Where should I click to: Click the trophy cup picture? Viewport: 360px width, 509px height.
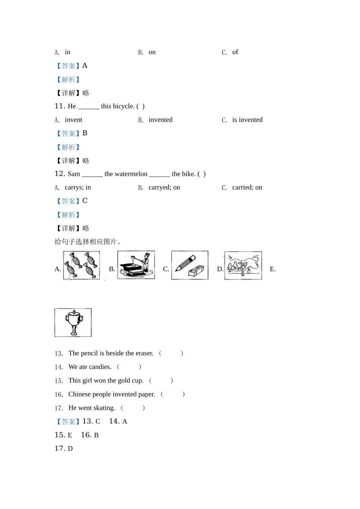click(x=73, y=322)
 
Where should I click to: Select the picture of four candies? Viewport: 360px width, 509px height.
click(x=81, y=265)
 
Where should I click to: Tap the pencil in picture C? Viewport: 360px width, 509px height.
click(x=185, y=263)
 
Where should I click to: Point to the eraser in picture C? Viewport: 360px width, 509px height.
click(x=196, y=271)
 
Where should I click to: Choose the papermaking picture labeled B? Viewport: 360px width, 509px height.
click(x=136, y=265)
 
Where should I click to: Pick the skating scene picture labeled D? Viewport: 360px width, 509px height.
click(x=243, y=265)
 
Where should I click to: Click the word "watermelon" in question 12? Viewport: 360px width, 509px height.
click(x=126, y=174)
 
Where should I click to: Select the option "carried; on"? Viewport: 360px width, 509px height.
click(x=247, y=187)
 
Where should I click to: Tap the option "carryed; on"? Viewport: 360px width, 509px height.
click(x=164, y=187)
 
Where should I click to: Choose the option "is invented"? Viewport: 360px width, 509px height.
click(x=247, y=120)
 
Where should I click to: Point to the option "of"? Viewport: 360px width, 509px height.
click(x=235, y=52)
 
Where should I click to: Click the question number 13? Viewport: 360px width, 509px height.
click(x=59, y=353)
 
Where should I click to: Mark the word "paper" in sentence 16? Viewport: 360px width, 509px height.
click(x=147, y=394)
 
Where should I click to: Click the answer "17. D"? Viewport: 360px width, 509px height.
click(x=64, y=448)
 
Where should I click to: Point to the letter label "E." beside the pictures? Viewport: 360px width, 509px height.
click(x=273, y=269)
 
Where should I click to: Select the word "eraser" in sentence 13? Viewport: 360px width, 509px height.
click(x=144, y=353)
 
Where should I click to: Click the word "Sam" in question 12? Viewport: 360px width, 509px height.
click(x=74, y=174)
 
